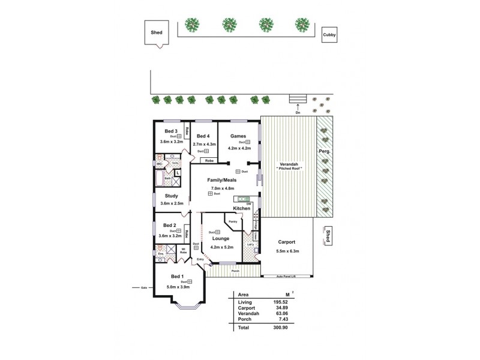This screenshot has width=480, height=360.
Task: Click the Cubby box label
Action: pyautogui.click(x=329, y=35)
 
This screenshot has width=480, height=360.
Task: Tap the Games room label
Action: pyautogui.click(x=238, y=136)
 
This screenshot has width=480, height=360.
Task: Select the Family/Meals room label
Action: pyautogui.click(x=222, y=180)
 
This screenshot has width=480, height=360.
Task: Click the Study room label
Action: pyautogui.click(x=171, y=196)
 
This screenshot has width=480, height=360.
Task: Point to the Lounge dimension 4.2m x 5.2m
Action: pyautogui.click(x=221, y=247)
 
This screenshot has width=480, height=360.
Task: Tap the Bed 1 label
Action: pyautogui.click(x=177, y=276)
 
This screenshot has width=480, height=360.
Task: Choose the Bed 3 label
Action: pyautogui.click(x=171, y=131)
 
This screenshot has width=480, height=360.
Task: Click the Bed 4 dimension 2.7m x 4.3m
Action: pyautogui.click(x=204, y=145)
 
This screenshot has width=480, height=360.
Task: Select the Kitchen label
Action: pyautogui.click(x=242, y=208)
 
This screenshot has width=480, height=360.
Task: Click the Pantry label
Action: pyautogui.click(x=233, y=222)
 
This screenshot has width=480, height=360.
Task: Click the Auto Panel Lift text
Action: pyautogui.click(x=287, y=277)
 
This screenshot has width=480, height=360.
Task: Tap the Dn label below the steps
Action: pyautogui.click(x=298, y=112)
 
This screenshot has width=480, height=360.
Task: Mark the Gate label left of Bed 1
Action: pyautogui.click(x=144, y=287)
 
